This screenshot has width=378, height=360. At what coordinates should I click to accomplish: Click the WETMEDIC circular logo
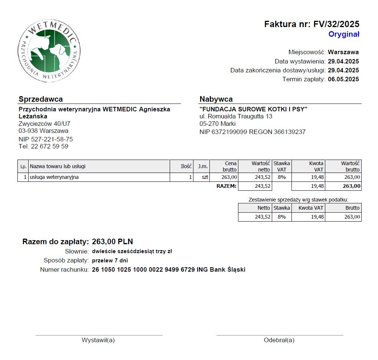click(x=49, y=51)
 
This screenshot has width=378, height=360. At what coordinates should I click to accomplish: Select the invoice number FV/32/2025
click(x=336, y=24)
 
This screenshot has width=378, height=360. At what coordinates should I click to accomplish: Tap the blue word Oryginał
click(x=343, y=35)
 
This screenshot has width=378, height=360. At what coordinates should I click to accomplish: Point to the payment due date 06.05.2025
click(x=343, y=79)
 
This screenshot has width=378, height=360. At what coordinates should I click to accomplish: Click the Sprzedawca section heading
click(x=40, y=99)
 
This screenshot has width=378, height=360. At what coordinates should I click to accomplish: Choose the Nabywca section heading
click(x=216, y=99)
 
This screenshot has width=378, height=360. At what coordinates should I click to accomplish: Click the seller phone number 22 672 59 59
click(x=49, y=146)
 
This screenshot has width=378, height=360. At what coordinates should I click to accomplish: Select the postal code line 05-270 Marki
click(x=218, y=124)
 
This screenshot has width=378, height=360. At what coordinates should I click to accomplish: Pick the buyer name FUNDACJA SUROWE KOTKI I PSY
click(x=254, y=109)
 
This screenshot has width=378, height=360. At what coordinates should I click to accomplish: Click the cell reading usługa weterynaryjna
click(x=54, y=177)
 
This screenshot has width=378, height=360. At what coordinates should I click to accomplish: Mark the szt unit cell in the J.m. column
click(x=205, y=177)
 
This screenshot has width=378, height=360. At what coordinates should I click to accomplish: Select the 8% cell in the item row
click(x=281, y=177)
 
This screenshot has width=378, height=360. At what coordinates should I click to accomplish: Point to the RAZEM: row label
click(x=226, y=186)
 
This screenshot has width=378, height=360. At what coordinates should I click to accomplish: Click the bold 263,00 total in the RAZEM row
click(x=351, y=186)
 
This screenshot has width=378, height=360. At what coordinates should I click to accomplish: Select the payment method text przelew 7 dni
click(x=110, y=260)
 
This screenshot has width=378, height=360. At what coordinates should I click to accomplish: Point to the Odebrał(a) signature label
click(x=279, y=340)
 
